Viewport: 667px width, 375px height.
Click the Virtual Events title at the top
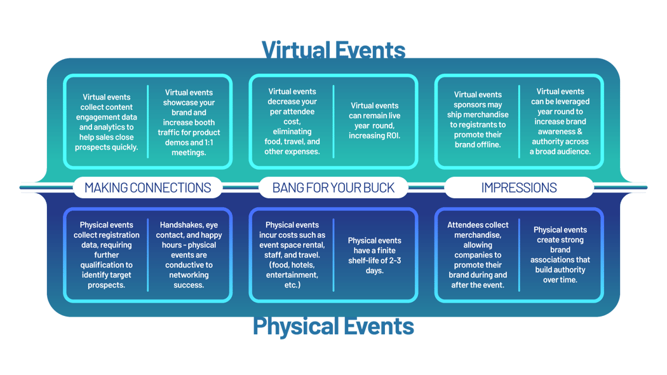pyautogui.click(x=333, y=50)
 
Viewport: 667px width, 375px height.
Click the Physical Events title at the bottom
pyautogui.click(x=333, y=327)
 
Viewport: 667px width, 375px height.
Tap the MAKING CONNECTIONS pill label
pyautogui.click(x=147, y=187)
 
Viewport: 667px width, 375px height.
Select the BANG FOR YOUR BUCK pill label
pyautogui.click(x=333, y=187)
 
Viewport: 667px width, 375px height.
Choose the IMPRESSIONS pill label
pyautogui.click(x=519, y=187)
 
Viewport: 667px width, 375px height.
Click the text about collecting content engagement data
pyautogui.click(x=106, y=122)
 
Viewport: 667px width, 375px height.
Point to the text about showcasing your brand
pyautogui.click(x=189, y=122)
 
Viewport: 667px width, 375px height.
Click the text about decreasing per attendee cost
pyautogui.click(x=292, y=121)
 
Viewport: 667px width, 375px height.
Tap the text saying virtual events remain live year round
pyautogui.click(x=375, y=121)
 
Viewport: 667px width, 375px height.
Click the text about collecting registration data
pyautogui.click(x=106, y=255)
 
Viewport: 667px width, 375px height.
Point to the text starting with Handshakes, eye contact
pyautogui.click(x=189, y=255)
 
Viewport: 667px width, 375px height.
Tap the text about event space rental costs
pyautogui.click(x=292, y=255)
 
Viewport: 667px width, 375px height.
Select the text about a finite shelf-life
pyautogui.click(x=375, y=256)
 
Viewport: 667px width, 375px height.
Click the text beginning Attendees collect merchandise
pyautogui.click(x=478, y=255)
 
